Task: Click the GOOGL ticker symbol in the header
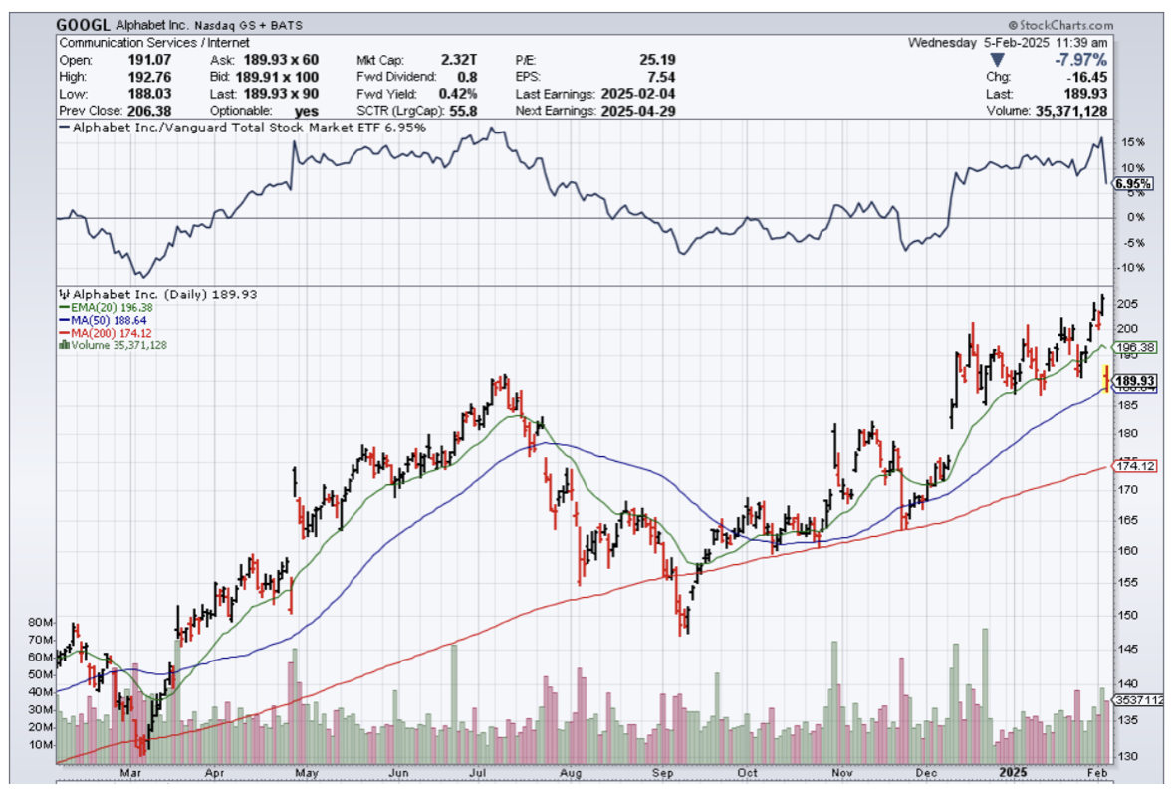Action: click(x=83, y=25)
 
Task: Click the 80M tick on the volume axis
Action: click(x=40, y=623)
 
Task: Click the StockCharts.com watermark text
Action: click(x=1065, y=25)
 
